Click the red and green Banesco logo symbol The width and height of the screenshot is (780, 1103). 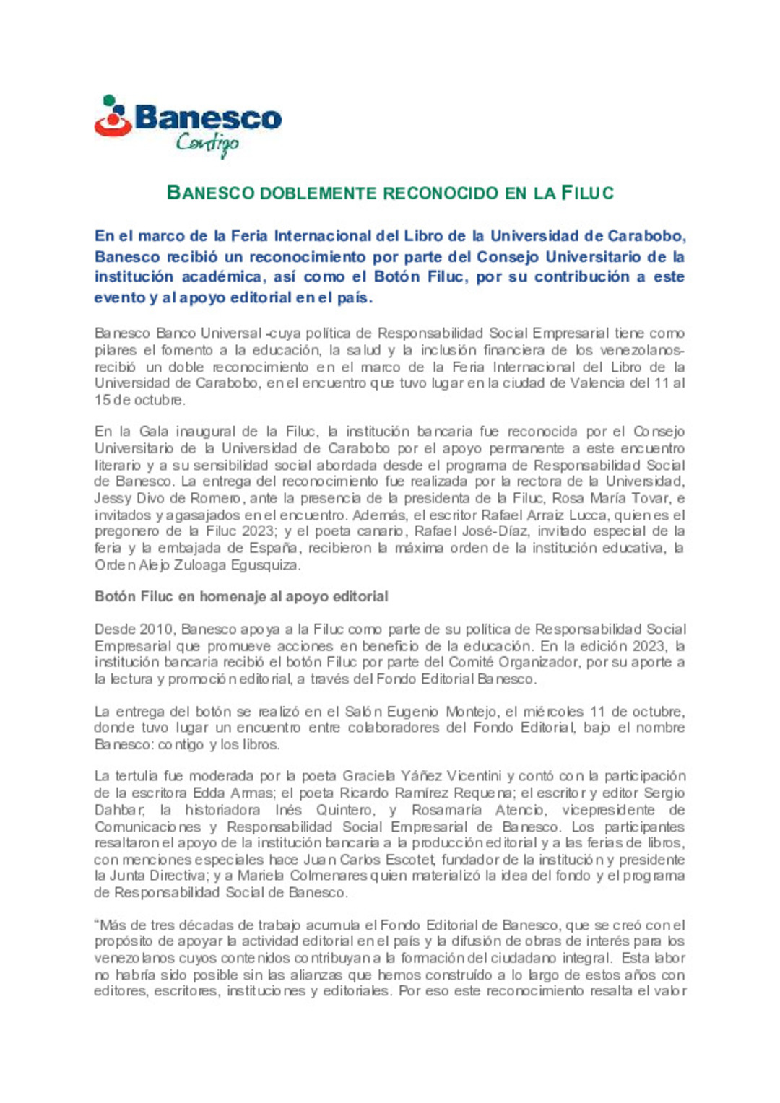pyautogui.click(x=113, y=117)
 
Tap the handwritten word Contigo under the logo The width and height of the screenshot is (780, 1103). pyautogui.click(x=207, y=144)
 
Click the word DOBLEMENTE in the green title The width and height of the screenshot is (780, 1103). pyautogui.click(x=318, y=193)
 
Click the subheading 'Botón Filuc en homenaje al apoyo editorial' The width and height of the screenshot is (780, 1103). pyautogui.click(x=241, y=597)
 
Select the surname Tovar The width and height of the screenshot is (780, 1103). pyautogui.click(x=651, y=498)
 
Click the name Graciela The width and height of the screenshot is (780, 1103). pyautogui.click(x=369, y=777)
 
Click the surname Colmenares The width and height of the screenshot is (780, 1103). pyautogui.click(x=329, y=876)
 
